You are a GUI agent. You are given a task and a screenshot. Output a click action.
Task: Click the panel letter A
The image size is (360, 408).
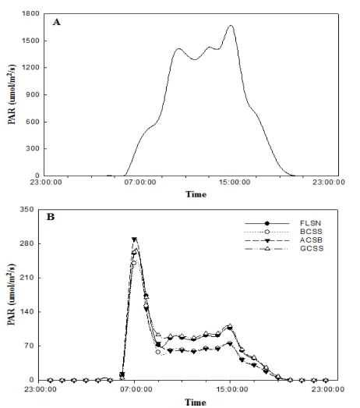(x=56, y=23)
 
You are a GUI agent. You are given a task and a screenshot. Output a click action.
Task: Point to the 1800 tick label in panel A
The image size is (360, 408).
(x=31, y=14)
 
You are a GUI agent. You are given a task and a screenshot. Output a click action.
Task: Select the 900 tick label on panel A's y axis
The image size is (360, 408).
(x=34, y=94)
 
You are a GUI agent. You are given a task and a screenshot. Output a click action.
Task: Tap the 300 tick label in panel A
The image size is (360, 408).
(x=34, y=148)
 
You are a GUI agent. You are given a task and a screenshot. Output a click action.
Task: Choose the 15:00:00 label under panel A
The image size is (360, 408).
(x=230, y=185)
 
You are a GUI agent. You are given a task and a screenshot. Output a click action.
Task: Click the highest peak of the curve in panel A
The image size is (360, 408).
(x=231, y=26)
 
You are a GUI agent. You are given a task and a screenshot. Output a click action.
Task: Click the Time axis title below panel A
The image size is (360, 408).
(x=195, y=195)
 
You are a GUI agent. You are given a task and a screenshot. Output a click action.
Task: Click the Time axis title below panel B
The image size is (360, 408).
(x=195, y=402)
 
